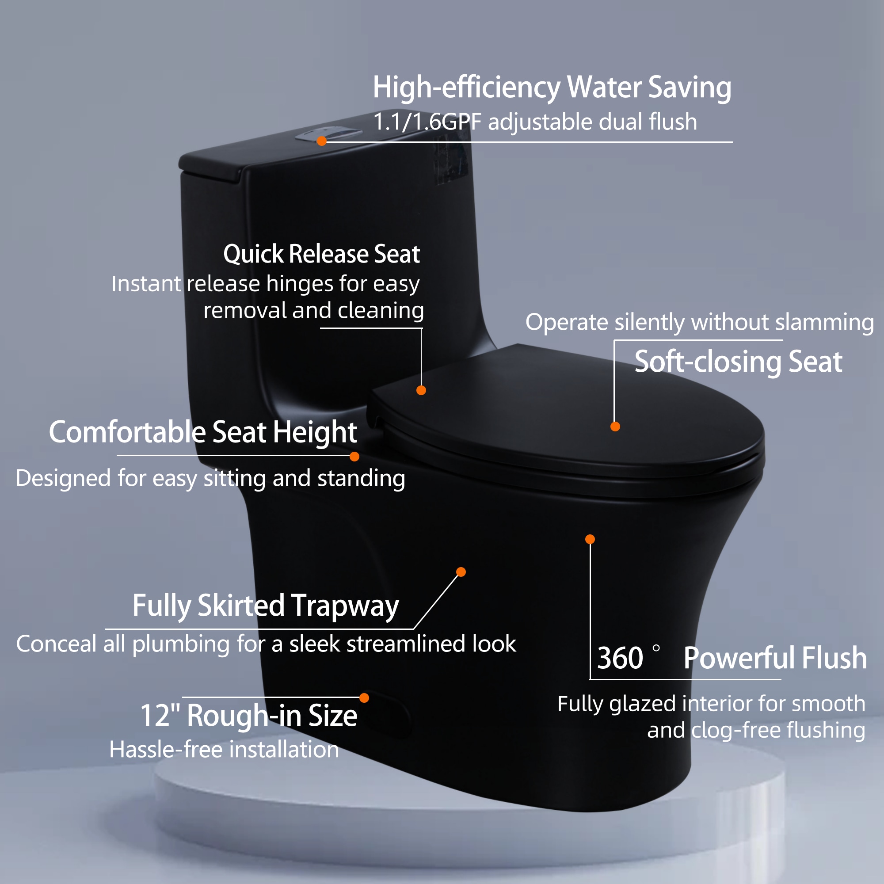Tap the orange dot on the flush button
pyautogui.click(x=322, y=141)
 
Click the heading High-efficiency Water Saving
pyautogui.click(x=552, y=88)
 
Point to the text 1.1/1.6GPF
pyautogui.click(x=427, y=122)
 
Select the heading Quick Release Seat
pyautogui.click(x=322, y=254)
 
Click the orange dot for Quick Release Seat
pyautogui.click(x=421, y=390)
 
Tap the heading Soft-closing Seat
pyautogui.click(x=738, y=362)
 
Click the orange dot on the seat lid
pyautogui.click(x=615, y=427)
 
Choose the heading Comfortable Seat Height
pyautogui.click(x=203, y=432)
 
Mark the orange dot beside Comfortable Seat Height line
pyautogui.click(x=354, y=457)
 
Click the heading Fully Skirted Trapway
pyautogui.click(x=266, y=606)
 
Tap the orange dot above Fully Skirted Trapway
pyautogui.click(x=461, y=572)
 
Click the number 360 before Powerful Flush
pyautogui.click(x=620, y=658)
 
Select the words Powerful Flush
pyautogui.click(x=775, y=658)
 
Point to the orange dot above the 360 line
pyautogui.click(x=590, y=539)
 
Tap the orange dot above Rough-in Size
pyautogui.click(x=364, y=698)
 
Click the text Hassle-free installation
pyautogui.click(x=224, y=750)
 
